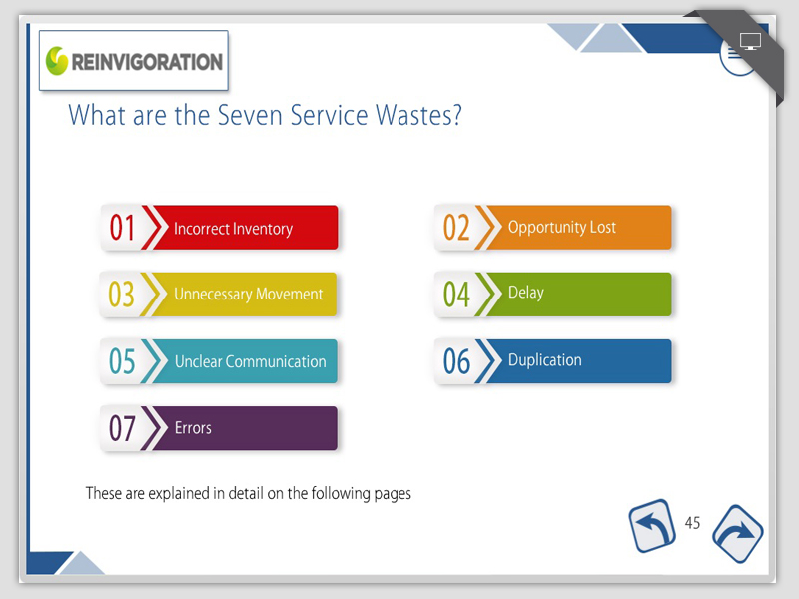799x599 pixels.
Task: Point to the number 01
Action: (x=122, y=228)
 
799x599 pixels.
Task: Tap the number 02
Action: (x=456, y=228)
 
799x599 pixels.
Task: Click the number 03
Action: (x=121, y=295)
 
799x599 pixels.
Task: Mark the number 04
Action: (x=456, y=295)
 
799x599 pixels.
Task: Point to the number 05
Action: (x=122, y=361)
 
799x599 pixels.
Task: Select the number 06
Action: (x=456, y=361)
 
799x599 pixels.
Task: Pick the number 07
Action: (x=122, y=428)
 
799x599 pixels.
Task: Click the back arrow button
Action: (x=652, y=526)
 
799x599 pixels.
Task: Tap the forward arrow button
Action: (x=737, y=534)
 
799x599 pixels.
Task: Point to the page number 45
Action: (x=692, y=523)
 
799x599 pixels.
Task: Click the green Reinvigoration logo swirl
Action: (x=57, y=61)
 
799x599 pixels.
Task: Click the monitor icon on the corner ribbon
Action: (x=750, y=41)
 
